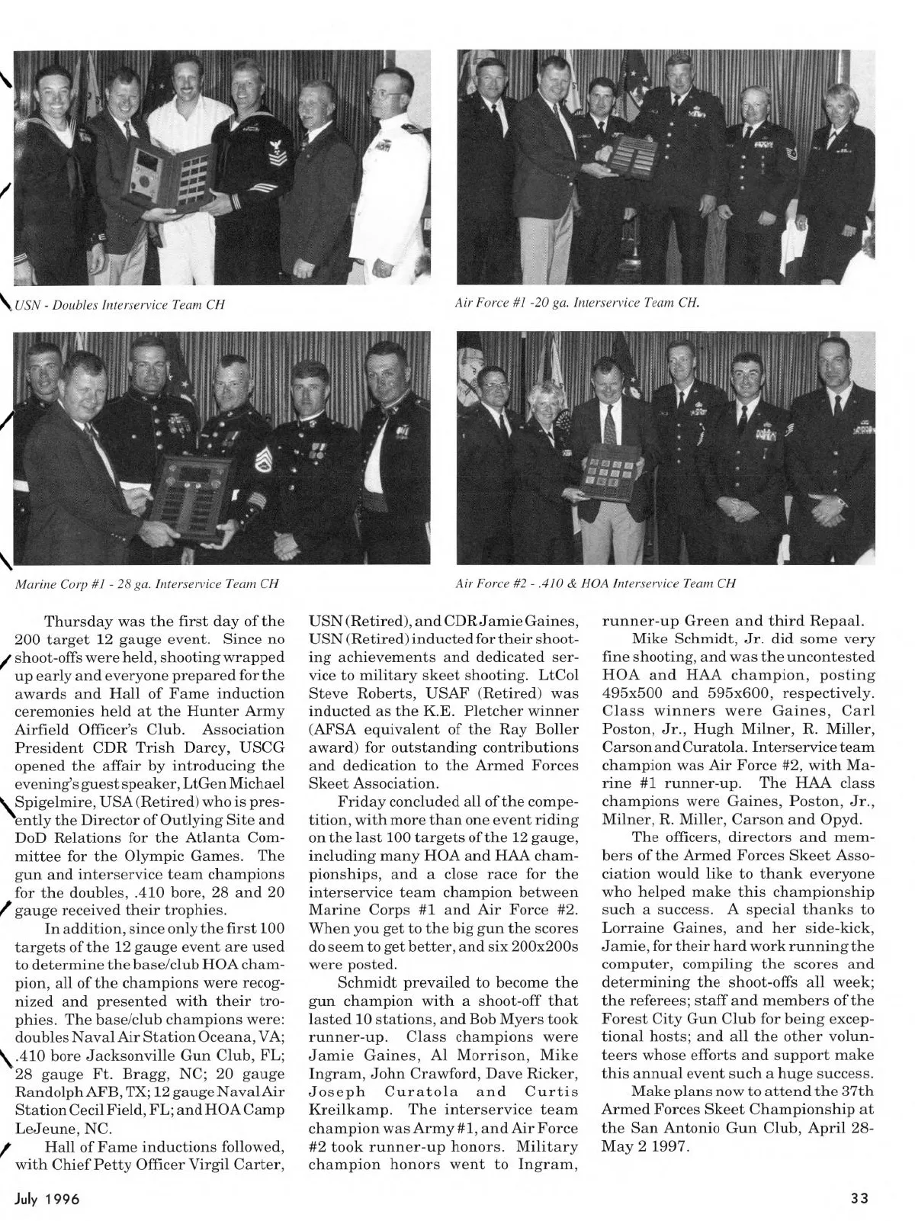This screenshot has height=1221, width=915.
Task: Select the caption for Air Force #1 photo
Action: [576, 300]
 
